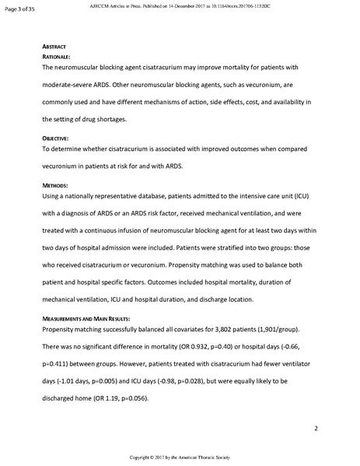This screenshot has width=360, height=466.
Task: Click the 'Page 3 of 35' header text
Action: click(x=20, y=9)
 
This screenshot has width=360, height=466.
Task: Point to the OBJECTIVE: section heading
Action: click(x=56, y=138)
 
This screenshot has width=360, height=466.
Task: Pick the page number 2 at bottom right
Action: click(x=316, y=429)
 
